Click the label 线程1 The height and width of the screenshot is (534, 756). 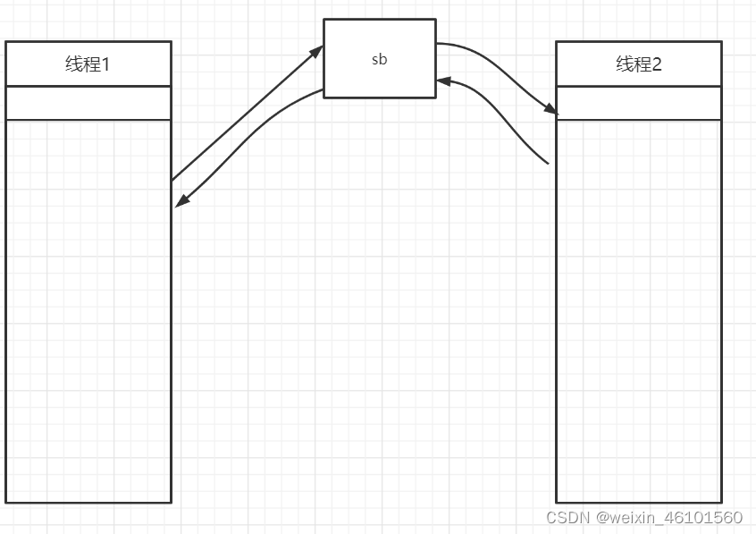(88, 64)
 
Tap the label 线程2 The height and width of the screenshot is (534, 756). (638, 64)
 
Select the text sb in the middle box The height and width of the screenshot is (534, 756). (380, 60)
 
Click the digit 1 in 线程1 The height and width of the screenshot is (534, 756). (105, 64)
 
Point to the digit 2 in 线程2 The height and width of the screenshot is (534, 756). (657, 64)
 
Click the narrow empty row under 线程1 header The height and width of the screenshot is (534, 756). (88, 103)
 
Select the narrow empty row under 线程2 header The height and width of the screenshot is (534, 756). (638, 103)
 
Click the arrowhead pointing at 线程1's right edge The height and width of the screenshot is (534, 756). (181, 202)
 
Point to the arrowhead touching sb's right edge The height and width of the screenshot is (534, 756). (443, 82)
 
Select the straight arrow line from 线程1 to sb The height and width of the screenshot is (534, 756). (246, 114)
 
